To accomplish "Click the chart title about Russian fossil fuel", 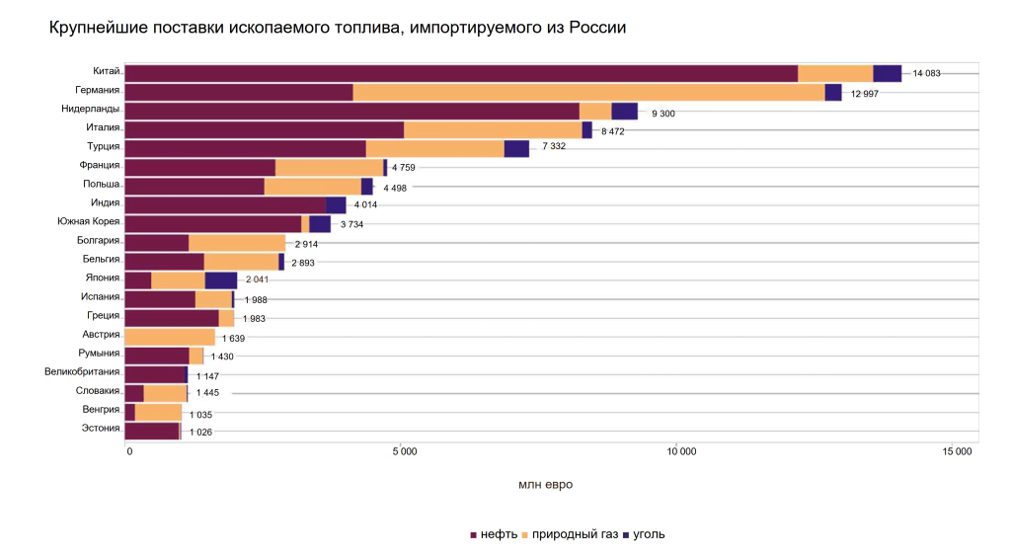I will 338,29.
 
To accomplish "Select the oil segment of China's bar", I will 461,73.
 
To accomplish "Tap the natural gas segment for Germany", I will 588,92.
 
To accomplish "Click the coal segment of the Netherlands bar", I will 624,111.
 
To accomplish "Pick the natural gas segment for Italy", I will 493,129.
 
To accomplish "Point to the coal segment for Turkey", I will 516,148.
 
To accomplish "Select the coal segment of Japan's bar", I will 221,279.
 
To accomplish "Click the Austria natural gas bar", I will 170,336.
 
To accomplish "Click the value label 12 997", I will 864,93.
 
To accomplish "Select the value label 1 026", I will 200,432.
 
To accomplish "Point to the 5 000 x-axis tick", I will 404,452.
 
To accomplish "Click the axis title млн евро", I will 545,484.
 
